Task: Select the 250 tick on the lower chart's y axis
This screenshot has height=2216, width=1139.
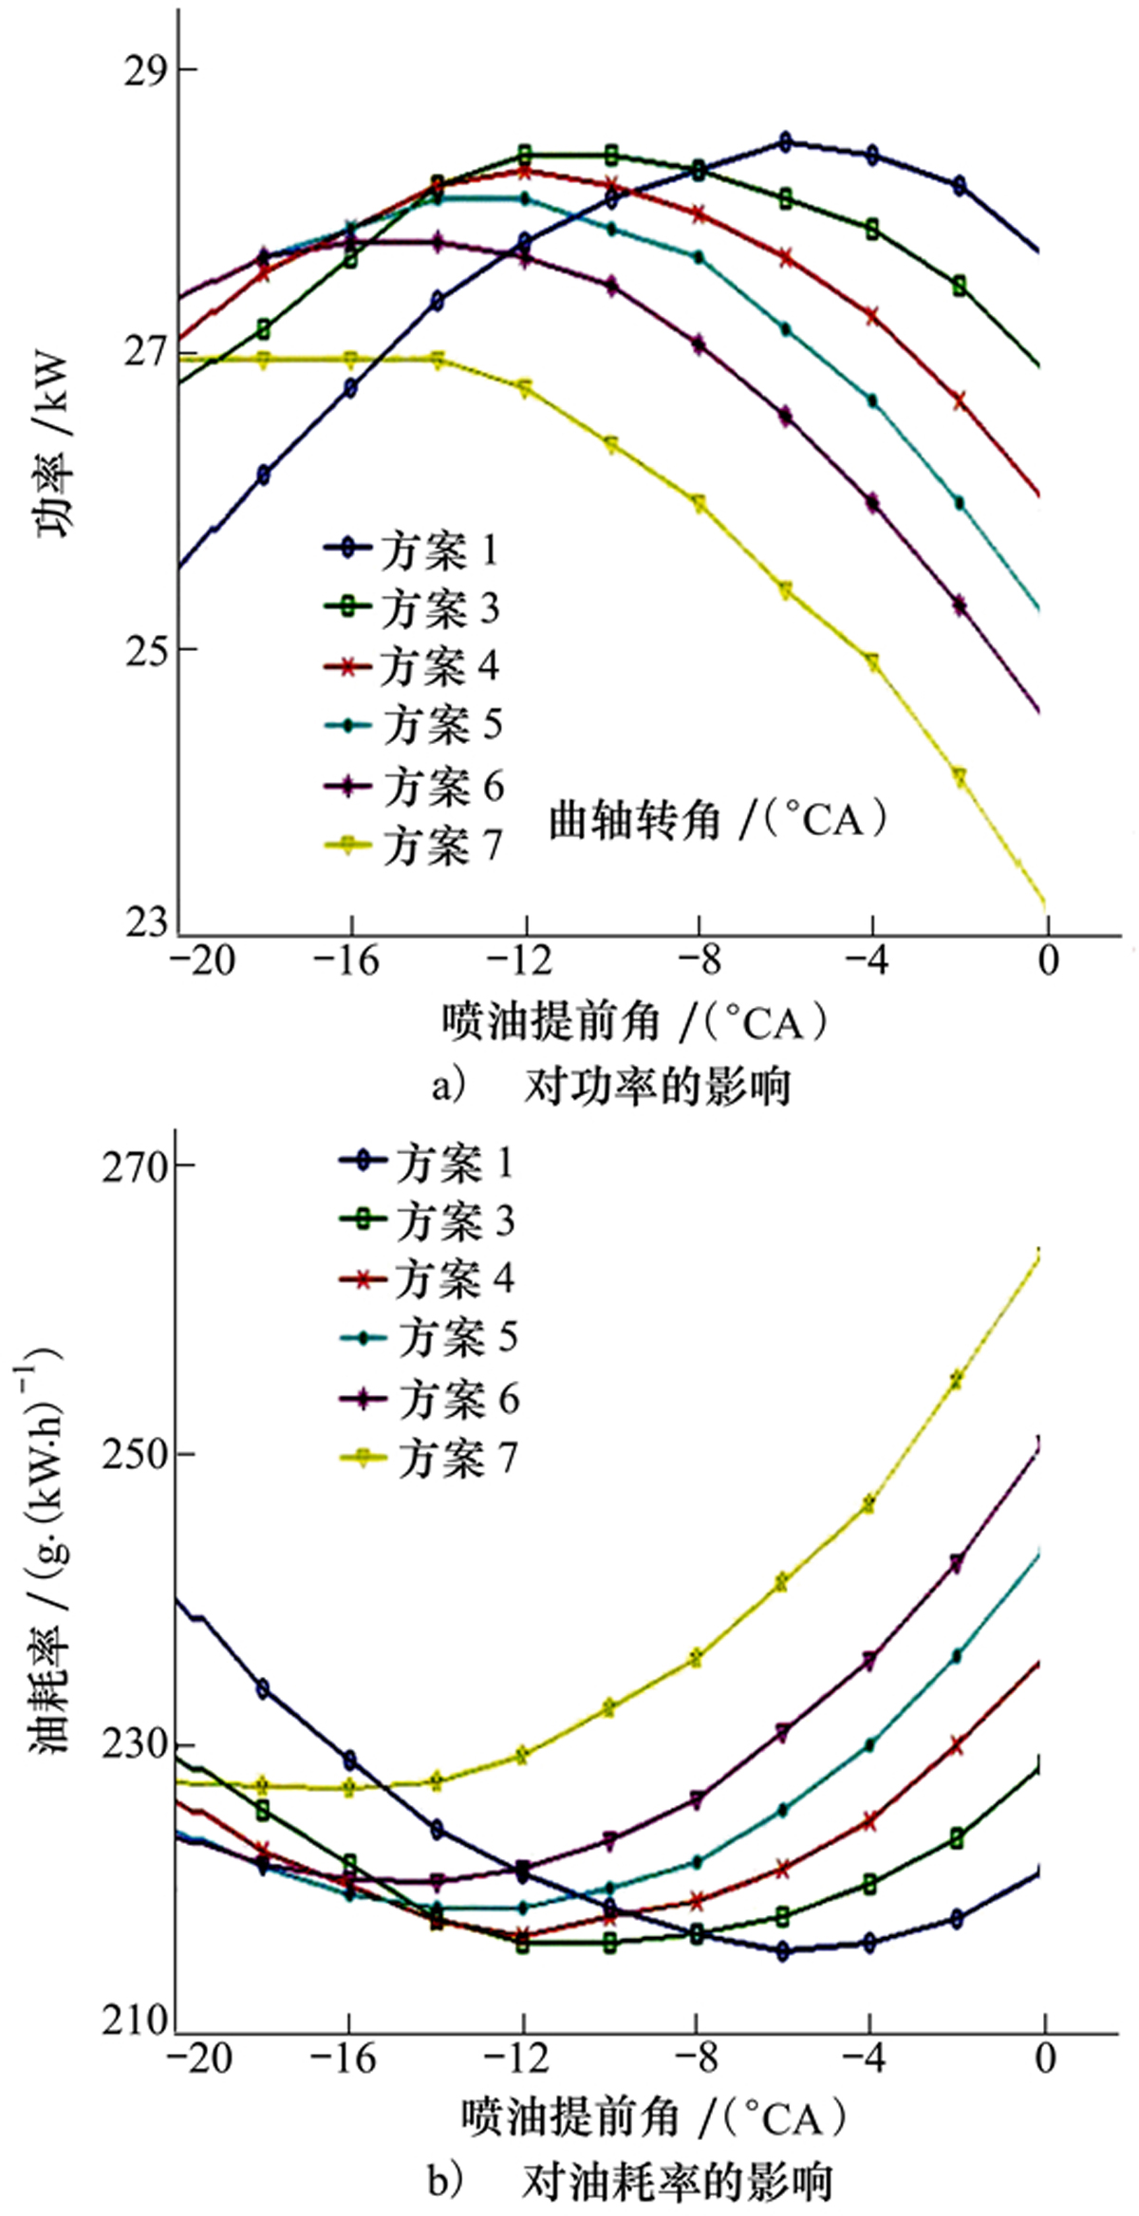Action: (132, 1453)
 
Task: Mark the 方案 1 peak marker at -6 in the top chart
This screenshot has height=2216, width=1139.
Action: (785, 142)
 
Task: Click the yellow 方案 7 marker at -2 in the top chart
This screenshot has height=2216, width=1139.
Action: (960, 776)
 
